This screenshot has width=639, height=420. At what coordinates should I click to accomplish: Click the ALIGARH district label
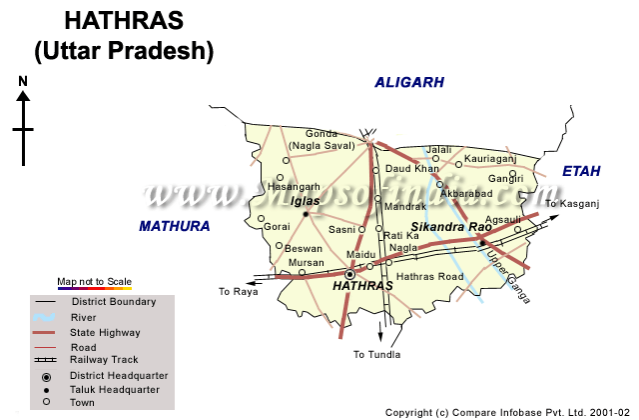coord(408,83)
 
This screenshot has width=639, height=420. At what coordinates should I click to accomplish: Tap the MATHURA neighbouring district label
coord(175,226)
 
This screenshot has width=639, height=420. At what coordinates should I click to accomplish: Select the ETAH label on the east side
coord(581,172)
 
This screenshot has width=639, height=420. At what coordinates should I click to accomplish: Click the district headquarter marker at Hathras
coord(350,273)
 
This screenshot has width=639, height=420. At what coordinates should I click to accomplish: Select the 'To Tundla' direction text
coord(376,354)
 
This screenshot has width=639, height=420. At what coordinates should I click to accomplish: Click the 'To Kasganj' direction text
coord(571,204)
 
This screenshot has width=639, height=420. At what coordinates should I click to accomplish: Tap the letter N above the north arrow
coord(22,82)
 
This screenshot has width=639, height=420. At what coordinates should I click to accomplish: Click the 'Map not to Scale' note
coord(94,282)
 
